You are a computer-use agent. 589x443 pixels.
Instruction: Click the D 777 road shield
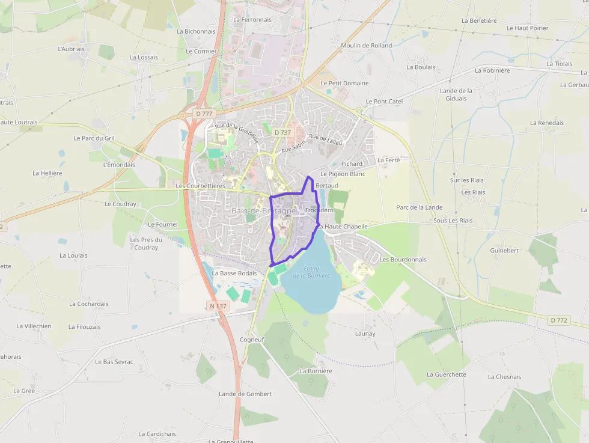coord(204,114)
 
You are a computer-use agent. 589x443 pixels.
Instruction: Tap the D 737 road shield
coord(282,132)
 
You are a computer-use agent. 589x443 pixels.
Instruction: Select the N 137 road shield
coord(218,306)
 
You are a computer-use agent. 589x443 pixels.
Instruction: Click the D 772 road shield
coord(559,320)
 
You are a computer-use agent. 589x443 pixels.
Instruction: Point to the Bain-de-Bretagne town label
coord(263,212)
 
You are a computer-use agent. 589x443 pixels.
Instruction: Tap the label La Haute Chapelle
coord(343,227)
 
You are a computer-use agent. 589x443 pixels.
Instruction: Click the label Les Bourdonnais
coord(403,260)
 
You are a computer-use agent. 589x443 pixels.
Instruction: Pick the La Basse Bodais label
coord(234,273)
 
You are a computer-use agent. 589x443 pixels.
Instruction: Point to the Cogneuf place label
coord(252,340)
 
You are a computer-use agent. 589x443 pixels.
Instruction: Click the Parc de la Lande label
coord(419,207)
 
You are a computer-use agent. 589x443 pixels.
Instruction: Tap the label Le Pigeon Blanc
coord(343,174)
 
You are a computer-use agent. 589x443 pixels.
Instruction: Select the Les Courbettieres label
coord(200,186)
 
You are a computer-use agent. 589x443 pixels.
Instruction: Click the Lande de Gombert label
coord(245,394)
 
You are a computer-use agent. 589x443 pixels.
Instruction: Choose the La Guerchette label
coord(446,374)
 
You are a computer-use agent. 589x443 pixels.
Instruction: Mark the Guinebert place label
coord(504,250)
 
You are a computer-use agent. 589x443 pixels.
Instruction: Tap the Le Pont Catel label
coord(384,102)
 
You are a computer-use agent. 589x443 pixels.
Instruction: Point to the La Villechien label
coord(34,326)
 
